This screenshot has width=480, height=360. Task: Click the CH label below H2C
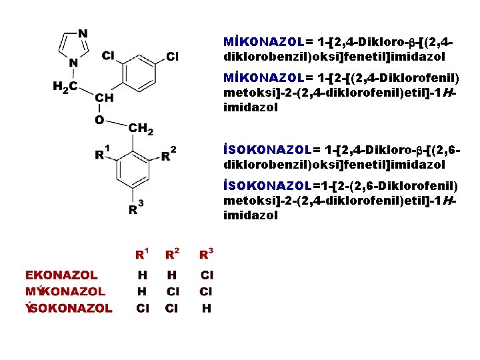pos(104,97)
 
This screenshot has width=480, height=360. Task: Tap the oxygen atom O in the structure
pos(99,121)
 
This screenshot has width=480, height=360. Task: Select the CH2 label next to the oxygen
pos(141,129)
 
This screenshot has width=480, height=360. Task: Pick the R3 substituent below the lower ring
pos(135,209)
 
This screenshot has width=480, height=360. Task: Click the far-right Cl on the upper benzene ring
pos(172,56)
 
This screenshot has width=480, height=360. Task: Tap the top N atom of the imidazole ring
pos(83,33)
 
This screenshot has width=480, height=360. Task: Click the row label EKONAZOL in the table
pos(61,275)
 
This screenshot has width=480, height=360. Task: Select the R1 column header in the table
pos(142,253)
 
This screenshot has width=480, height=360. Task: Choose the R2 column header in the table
pos(172,253)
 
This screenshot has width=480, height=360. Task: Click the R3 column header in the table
pos(206,253)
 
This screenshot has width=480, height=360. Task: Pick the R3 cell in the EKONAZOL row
pos(207,275)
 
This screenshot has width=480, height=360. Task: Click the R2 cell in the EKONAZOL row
pos(172,275)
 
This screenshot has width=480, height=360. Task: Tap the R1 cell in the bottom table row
pos(142,308)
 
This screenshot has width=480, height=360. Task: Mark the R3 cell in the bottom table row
pos(207,308)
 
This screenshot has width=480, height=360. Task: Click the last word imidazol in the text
pos(251,215)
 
